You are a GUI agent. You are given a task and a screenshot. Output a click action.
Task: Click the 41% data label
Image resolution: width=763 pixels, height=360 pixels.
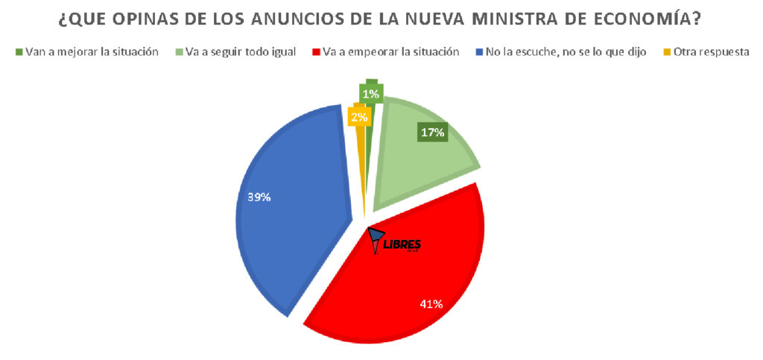pyautogui.click(x=431, y=303)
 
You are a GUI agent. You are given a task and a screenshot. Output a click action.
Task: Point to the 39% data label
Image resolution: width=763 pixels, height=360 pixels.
pyautogui.click(x=259, y=198)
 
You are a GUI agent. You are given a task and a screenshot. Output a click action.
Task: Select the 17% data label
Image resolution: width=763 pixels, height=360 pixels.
pyautogui.click(x=432, y=133)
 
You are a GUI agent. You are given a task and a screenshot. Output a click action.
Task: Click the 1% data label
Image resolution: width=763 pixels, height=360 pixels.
pyautogui.click(x=370, y=94)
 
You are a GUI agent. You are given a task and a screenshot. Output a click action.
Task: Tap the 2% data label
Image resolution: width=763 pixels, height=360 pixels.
pyautogui.click(x=359, y=117)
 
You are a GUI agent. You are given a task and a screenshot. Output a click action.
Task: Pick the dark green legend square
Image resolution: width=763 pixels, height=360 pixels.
pyautogui.click(x=19, y=52)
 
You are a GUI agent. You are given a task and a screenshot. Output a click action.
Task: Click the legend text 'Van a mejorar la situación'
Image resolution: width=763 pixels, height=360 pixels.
pyautogui.click(x=92, y=52)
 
